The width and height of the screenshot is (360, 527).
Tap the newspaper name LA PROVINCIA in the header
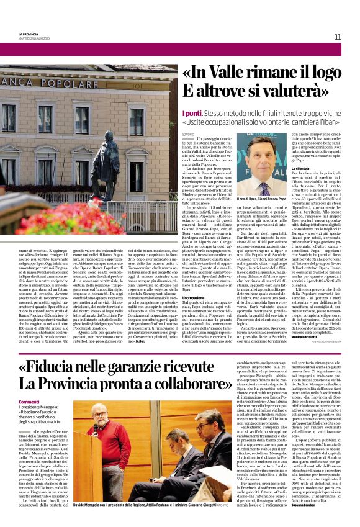click(29, 34)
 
